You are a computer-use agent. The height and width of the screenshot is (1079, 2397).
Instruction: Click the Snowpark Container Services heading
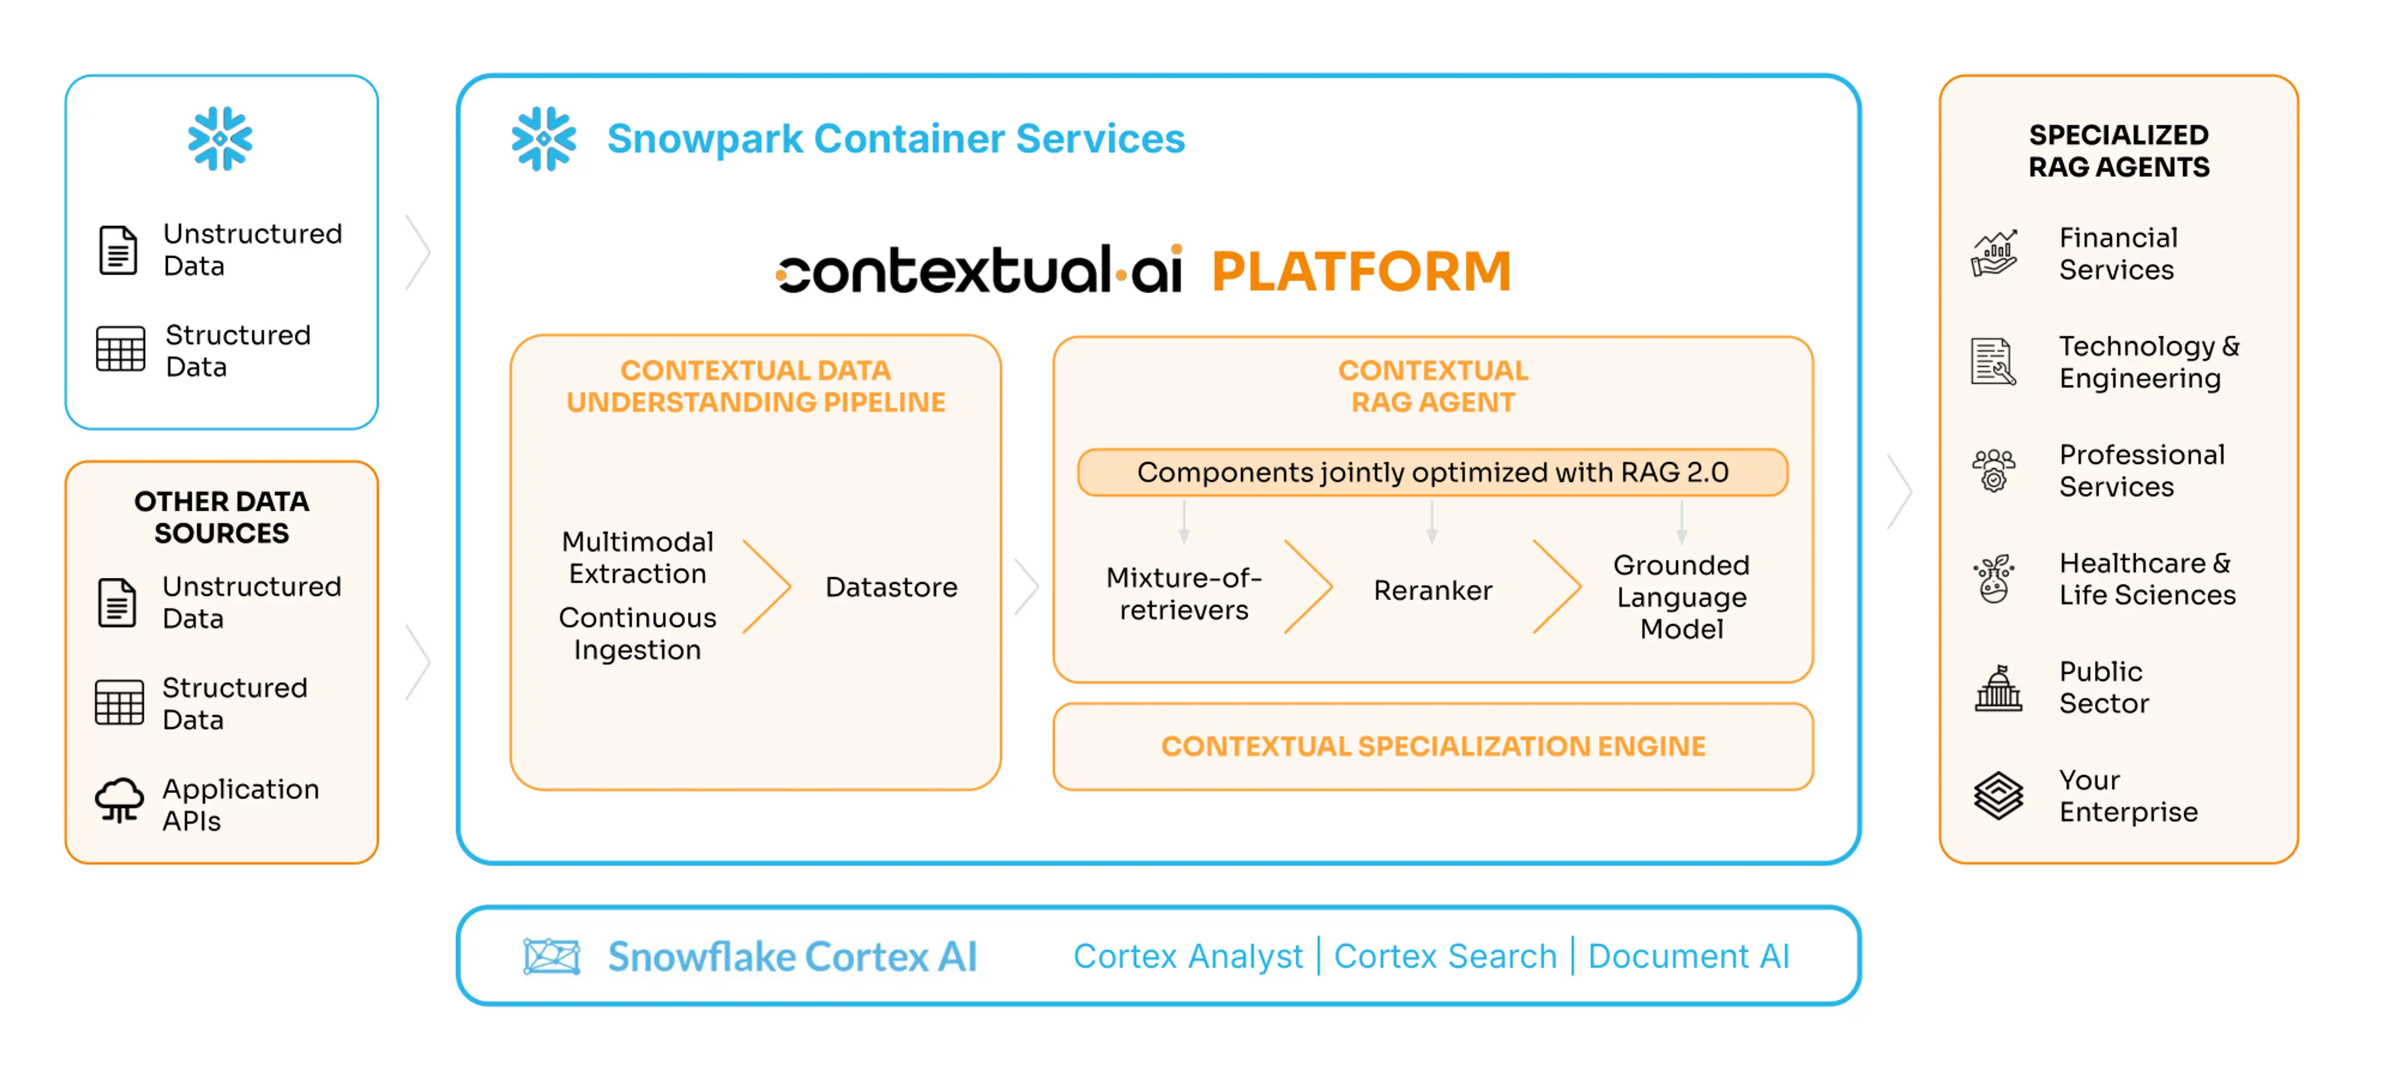pos(895,138)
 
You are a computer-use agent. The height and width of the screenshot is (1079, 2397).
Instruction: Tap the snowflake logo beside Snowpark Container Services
pos(544,138)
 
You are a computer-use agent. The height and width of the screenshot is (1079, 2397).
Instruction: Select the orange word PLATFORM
pos(1360,271)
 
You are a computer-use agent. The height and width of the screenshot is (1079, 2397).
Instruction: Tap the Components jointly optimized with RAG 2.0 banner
pos(1432,472)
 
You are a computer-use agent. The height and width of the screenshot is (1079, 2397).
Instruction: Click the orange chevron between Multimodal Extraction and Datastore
pos(767,586)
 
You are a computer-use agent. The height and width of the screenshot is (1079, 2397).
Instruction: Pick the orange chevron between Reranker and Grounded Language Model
pos(1557,586)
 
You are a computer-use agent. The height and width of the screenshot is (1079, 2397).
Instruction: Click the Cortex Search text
pos(1444,956)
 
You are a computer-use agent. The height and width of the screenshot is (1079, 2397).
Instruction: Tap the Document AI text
pos(1688,956)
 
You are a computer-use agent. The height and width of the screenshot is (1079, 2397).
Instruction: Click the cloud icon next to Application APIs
pos(120,800)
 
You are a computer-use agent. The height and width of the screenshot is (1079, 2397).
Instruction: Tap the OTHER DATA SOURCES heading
pos(222,517)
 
